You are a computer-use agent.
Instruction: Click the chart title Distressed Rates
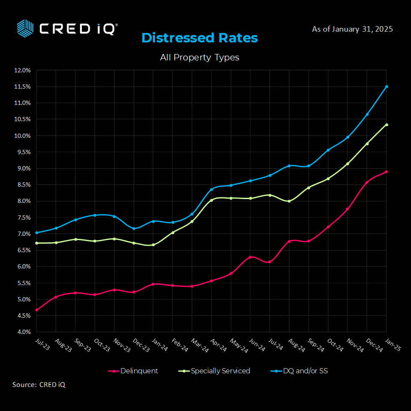[x=200, y=38]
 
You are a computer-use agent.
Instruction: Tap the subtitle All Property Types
[x=200, y=57]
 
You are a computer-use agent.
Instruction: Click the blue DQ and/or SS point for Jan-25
[x=387, y=86]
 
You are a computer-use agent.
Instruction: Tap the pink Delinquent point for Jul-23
[x=37, y=310]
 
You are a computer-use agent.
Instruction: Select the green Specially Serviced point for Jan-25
[x=387, y=125]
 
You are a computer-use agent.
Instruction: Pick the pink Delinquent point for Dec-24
[x=367, y=182]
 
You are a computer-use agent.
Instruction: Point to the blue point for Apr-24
[x=211, y=189]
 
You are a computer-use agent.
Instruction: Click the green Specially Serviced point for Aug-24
[x=289, y=201]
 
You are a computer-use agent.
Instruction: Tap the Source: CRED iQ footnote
[x=39, y=385]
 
